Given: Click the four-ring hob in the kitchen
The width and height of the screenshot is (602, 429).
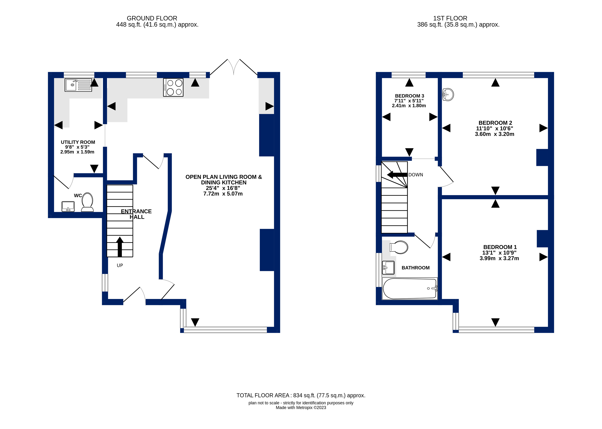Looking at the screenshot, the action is click(173, 87).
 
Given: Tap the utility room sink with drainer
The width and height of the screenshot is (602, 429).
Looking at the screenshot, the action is click(78, 85).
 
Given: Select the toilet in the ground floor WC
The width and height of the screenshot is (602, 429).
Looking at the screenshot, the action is click(87, 202).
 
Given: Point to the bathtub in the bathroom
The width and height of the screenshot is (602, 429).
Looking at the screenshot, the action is click(410, 289).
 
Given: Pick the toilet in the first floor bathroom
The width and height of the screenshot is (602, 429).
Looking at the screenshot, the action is click(399, 247).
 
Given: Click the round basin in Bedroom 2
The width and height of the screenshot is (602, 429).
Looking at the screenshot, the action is click(448, 95).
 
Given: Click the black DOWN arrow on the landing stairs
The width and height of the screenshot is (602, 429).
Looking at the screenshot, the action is click(397, 175).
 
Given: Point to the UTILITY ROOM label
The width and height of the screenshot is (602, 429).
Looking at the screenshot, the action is click(78, 142).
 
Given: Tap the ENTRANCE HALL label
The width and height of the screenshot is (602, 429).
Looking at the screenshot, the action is click(136, 214).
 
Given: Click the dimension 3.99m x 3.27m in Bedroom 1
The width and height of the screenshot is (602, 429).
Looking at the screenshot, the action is click(499, 258).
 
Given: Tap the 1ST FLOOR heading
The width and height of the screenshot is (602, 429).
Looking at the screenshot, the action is click(450, 18).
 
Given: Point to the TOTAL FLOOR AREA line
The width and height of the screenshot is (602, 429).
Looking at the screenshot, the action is click(301, 396).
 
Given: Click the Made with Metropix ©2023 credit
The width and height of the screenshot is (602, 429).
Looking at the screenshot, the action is click(301, 408).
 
